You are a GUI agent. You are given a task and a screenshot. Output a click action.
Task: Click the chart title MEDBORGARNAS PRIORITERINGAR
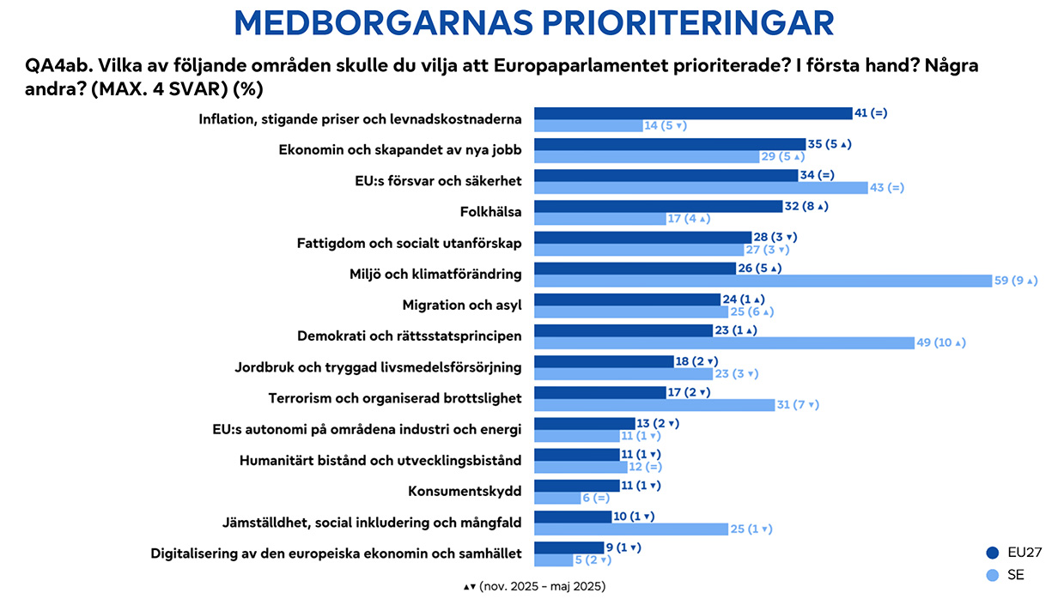[x=532, y=23]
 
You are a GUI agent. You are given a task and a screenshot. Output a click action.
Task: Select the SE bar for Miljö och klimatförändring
[x=762, y=281]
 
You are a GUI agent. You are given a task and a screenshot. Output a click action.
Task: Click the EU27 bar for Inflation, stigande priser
[x=692, y=113]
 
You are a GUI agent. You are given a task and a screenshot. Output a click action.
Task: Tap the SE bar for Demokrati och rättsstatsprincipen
[x=724, y=342]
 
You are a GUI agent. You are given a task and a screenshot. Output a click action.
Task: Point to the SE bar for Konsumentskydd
[x=557, y=498]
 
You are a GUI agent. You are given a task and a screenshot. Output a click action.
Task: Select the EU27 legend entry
[x=1015, y=552]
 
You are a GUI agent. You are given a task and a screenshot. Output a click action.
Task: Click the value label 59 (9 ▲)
[x=1016, y=281]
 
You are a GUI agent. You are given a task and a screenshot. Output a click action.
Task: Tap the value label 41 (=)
[x=871, y=113]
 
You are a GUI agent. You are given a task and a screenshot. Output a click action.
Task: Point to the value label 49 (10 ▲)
[x=942, y=342]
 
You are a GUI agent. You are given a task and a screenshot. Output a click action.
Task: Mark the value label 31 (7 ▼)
[x=798, y=404]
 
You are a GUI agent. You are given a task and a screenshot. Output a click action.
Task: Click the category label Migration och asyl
[x=462, y=306]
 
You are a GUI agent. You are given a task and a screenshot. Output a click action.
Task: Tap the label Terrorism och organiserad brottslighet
[x=394, y=398]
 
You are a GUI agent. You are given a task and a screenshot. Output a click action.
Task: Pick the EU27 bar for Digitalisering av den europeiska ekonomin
[x=568, y=547]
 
